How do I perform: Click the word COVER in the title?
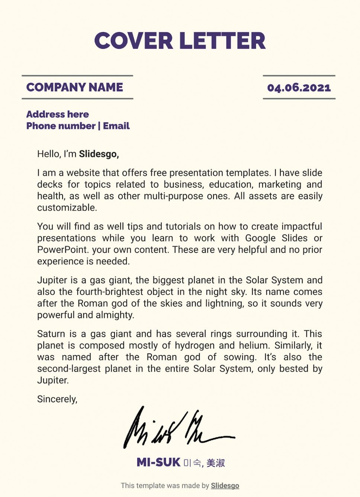134,41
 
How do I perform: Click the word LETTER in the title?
223,41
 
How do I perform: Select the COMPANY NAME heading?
75,87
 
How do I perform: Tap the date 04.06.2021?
299,88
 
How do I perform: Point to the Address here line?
58,114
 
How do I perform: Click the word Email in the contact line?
116,126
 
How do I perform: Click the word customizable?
67,207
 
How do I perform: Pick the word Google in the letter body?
260,238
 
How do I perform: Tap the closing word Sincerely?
57,399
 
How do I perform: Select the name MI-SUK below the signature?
158,462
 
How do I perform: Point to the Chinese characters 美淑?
216,463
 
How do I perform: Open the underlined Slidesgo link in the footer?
225,485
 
